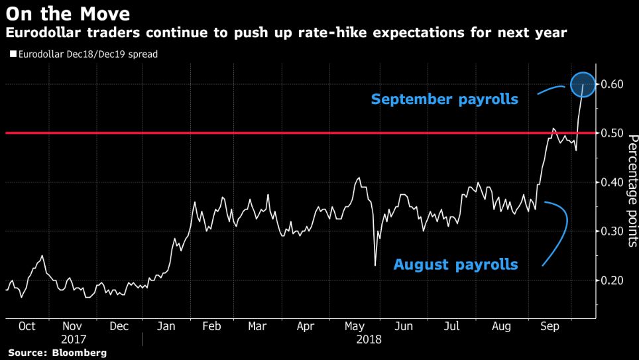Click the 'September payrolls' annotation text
(x=444, y=100)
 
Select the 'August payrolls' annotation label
(x=455, y=265)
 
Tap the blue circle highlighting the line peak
(x=583, y=84)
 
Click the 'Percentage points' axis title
(x=632, y=191)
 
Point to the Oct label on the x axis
(x=27, y=327)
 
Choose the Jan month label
(x=166, y=327)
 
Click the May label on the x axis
(x=355, y=327)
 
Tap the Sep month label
(x=549, y=327)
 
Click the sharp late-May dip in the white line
(x=375, y=266)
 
